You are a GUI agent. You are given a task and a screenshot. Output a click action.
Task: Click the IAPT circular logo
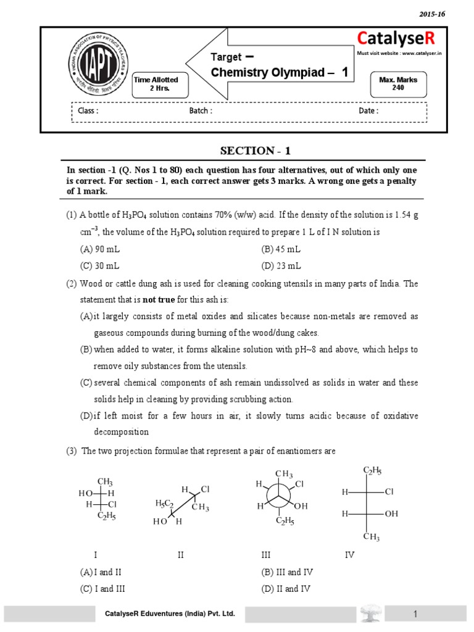click(x=93, y=63)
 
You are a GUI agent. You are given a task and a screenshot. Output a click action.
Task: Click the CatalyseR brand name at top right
click(x=396, y=39)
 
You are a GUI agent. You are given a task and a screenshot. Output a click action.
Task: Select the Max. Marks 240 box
click(x=397, y=83)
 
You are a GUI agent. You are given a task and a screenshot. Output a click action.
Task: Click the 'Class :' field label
click(x=88, y=111)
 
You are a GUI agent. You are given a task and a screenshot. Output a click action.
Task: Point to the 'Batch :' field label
click(x=201, y=111)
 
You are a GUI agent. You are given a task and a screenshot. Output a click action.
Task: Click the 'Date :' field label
click(x=368, y=111)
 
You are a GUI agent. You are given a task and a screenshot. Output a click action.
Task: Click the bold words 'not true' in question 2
click(x=157, y=299)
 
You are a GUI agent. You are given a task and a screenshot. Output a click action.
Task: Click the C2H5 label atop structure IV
click(x=372, y=471)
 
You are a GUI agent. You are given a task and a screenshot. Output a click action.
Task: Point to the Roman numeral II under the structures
click(x=180, y=555)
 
